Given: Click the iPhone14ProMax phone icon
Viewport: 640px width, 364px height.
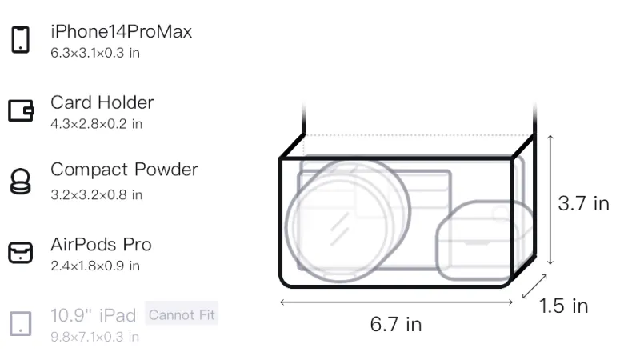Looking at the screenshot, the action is click(21, 39).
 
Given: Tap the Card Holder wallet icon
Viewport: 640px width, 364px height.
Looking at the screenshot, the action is click(21, 110).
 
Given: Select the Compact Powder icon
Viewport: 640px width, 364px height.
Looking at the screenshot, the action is click(21, 181).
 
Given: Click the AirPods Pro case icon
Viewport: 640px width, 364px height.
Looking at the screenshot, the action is click(21, 253).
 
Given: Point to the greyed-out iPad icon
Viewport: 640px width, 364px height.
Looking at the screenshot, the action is click(21, 324).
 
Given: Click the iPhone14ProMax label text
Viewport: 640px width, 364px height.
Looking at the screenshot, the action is click(122, 31).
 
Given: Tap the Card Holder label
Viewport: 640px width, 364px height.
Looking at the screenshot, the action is click(102, 102).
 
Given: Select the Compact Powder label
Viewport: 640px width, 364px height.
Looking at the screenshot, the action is click(125, 170).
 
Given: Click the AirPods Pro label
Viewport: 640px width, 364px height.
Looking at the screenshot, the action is click(102, 245).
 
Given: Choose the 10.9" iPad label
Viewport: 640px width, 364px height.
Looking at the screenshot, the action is click(93, 315).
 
